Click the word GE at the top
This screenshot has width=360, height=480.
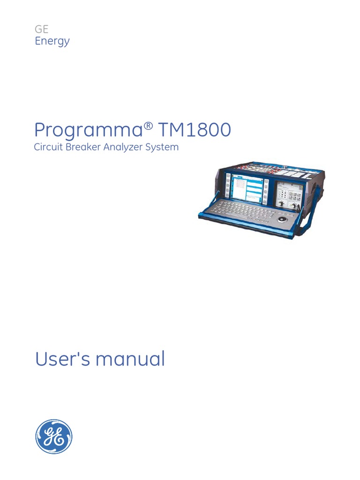click(42, 29)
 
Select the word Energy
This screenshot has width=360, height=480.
click(52, 41)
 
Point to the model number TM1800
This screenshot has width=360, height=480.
click(195, 130)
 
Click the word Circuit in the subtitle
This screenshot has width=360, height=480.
click(48, 147)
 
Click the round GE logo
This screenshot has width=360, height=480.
click(54, 437)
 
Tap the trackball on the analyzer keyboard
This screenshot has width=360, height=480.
click(283, 219)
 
